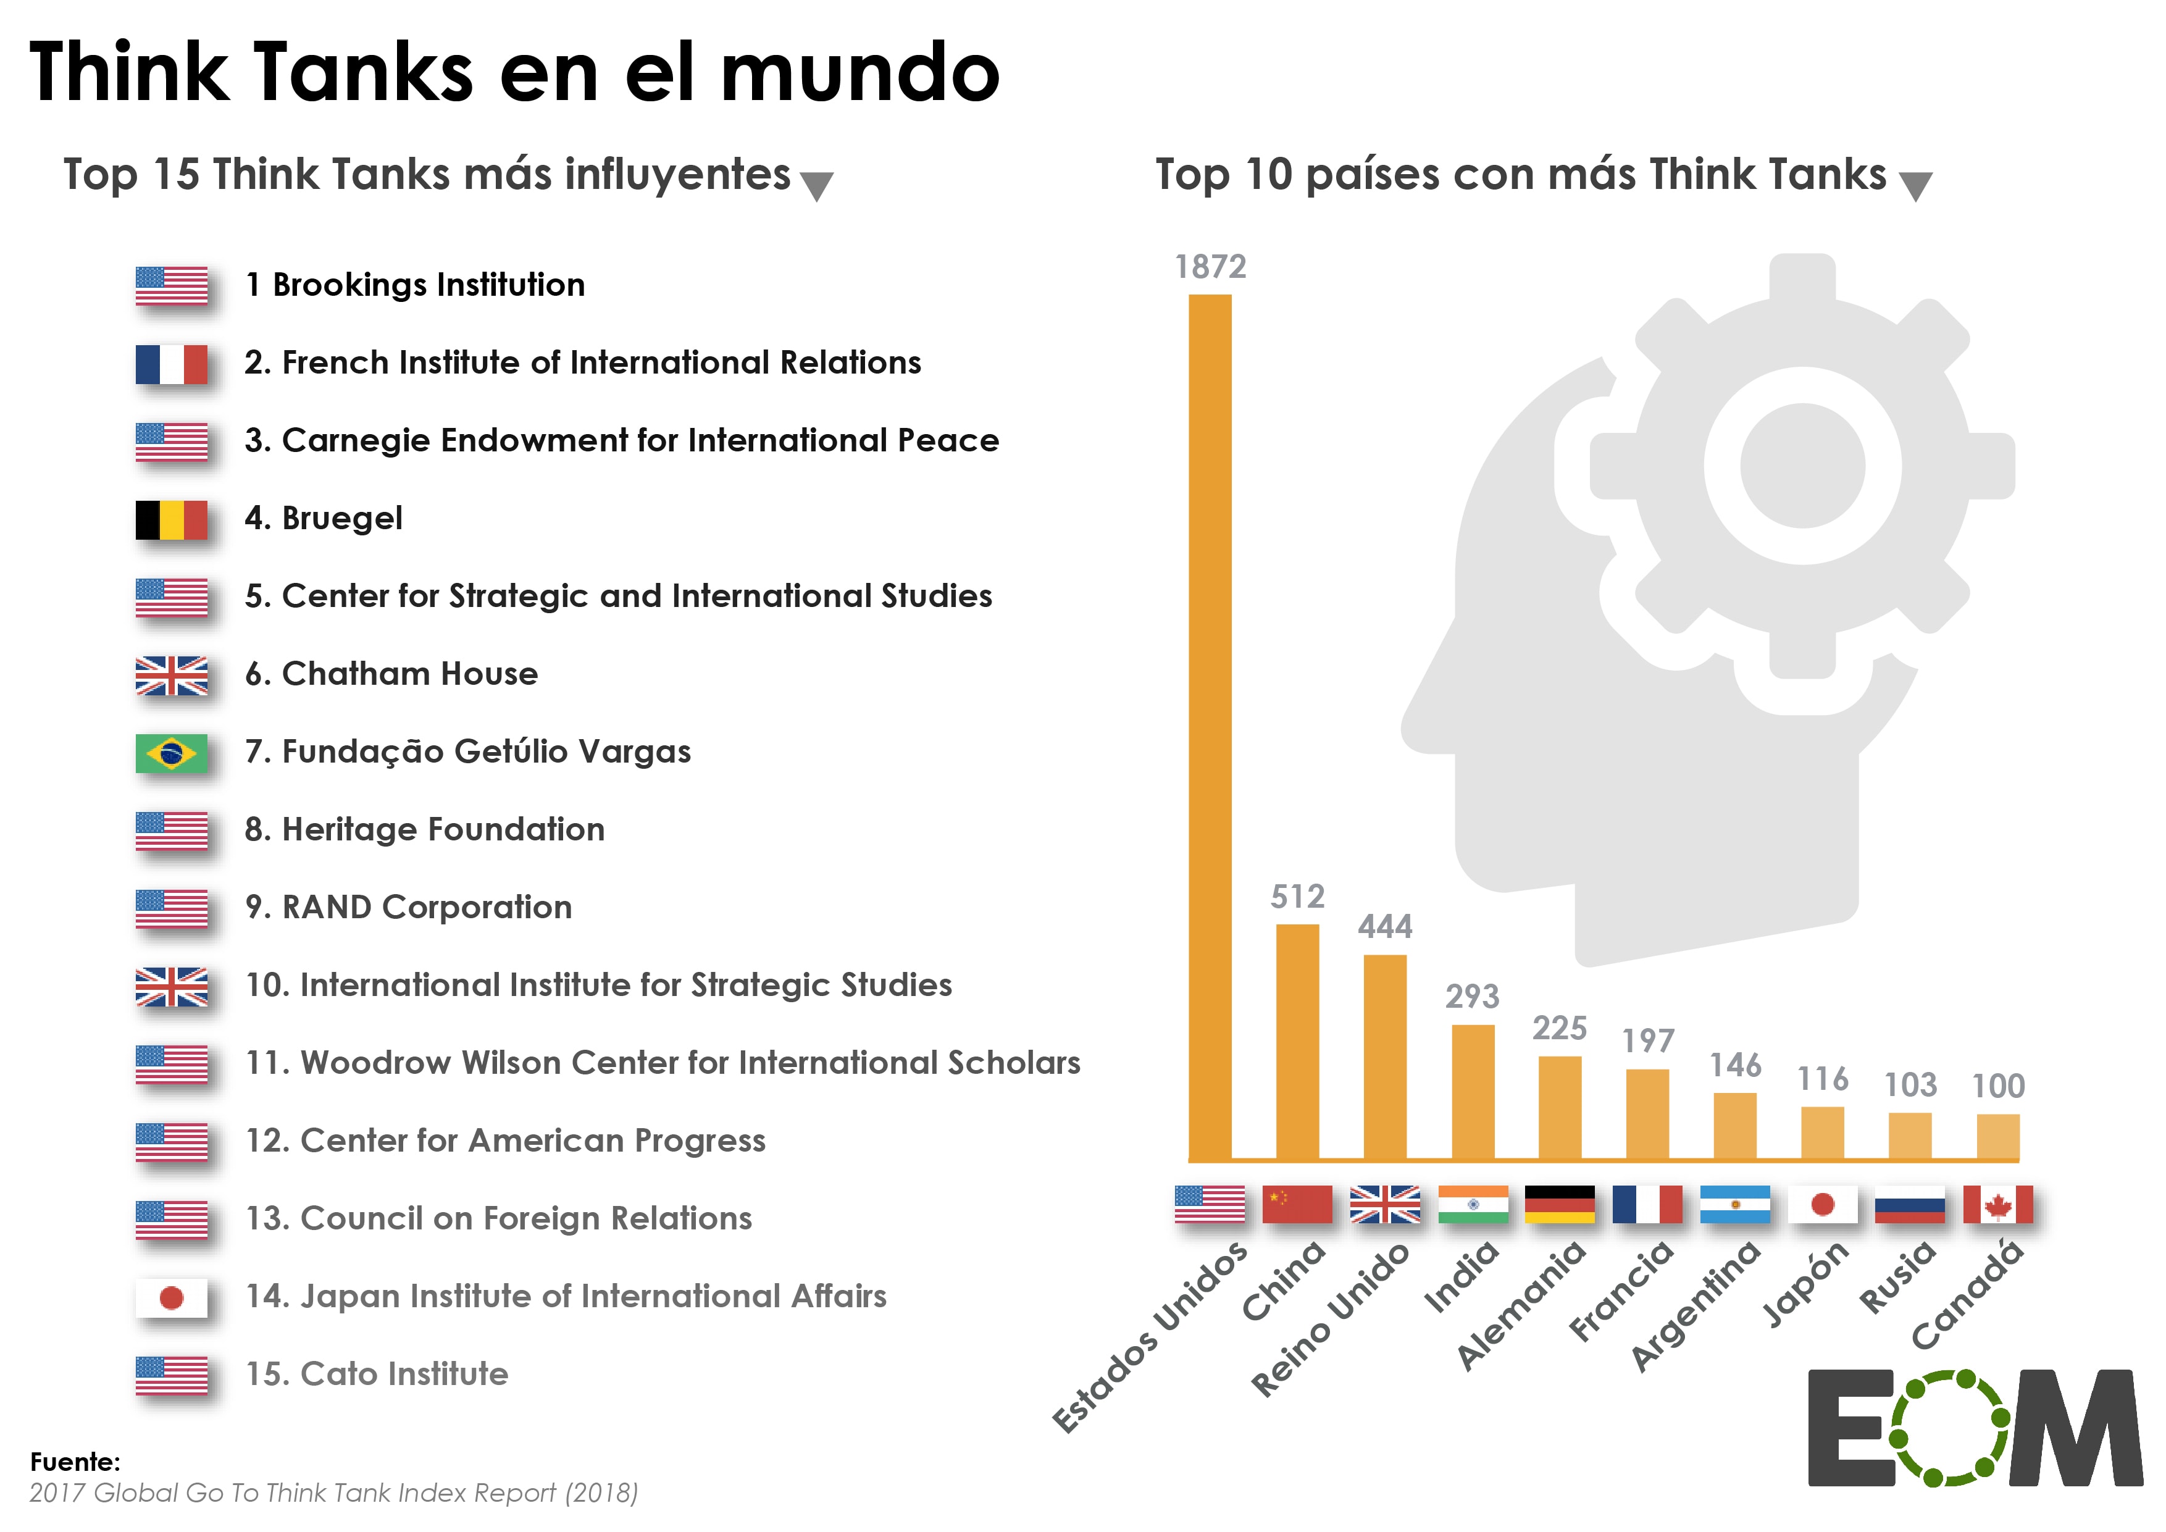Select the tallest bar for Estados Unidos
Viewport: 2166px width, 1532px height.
pyautogui.click(x=1210, y=726)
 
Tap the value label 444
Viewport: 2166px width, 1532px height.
pyautogui.click(x=1385, y=926)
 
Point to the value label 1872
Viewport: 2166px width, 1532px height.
pyautogui.click(x=1210, y=267)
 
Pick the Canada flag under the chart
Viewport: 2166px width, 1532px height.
pyautogui.click(x=1997, y=1205)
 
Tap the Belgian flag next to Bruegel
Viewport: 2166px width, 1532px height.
pyautogui.click(x=171, y=520)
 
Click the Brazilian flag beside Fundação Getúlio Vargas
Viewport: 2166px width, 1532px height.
pyautogui.click(x=171, y=753)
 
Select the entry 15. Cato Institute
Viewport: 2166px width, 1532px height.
pyautogui.click(x=377, y=1373)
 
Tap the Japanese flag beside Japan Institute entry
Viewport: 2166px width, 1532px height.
pyautogui.click(x=171, y=1298)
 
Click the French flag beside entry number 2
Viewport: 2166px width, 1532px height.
pyautogui.click(x=171, y=364)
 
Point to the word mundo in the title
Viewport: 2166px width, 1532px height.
pyautogui.click(x=859, y=73)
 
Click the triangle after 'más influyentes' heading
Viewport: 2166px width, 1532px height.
pyautogui.click(x=816, y=186)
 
